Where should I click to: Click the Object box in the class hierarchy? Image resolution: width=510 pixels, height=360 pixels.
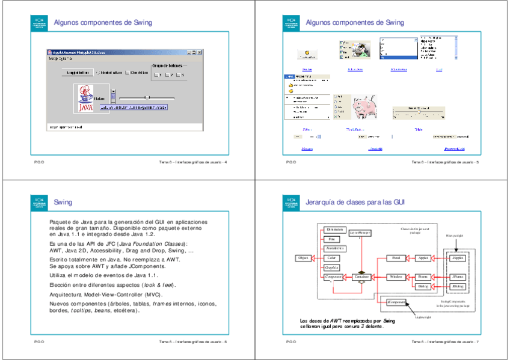(303, 257)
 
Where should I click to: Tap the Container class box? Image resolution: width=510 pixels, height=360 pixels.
(362, 276)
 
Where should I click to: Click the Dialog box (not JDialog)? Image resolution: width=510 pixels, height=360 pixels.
(423, 287)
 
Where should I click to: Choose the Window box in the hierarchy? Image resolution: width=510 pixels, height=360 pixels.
(396, 276)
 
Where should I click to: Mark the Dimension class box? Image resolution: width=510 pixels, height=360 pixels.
(334, 229)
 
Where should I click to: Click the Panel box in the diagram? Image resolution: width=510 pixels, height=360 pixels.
(396, 257)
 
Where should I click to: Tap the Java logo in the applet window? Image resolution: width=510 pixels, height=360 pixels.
(86, 99)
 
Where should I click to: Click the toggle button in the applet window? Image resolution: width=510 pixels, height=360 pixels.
(77, 73)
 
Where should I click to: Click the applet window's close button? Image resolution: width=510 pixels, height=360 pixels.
(201, 52)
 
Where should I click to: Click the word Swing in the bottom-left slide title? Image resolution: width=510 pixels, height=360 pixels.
(63, 203)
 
